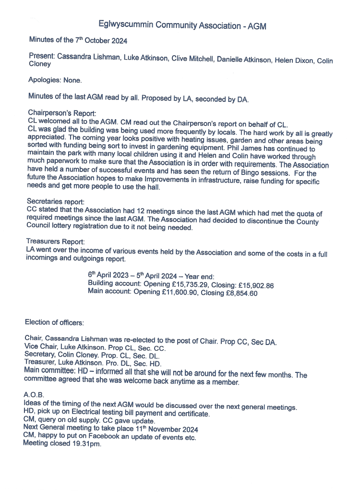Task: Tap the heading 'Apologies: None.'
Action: coord(55,80)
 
